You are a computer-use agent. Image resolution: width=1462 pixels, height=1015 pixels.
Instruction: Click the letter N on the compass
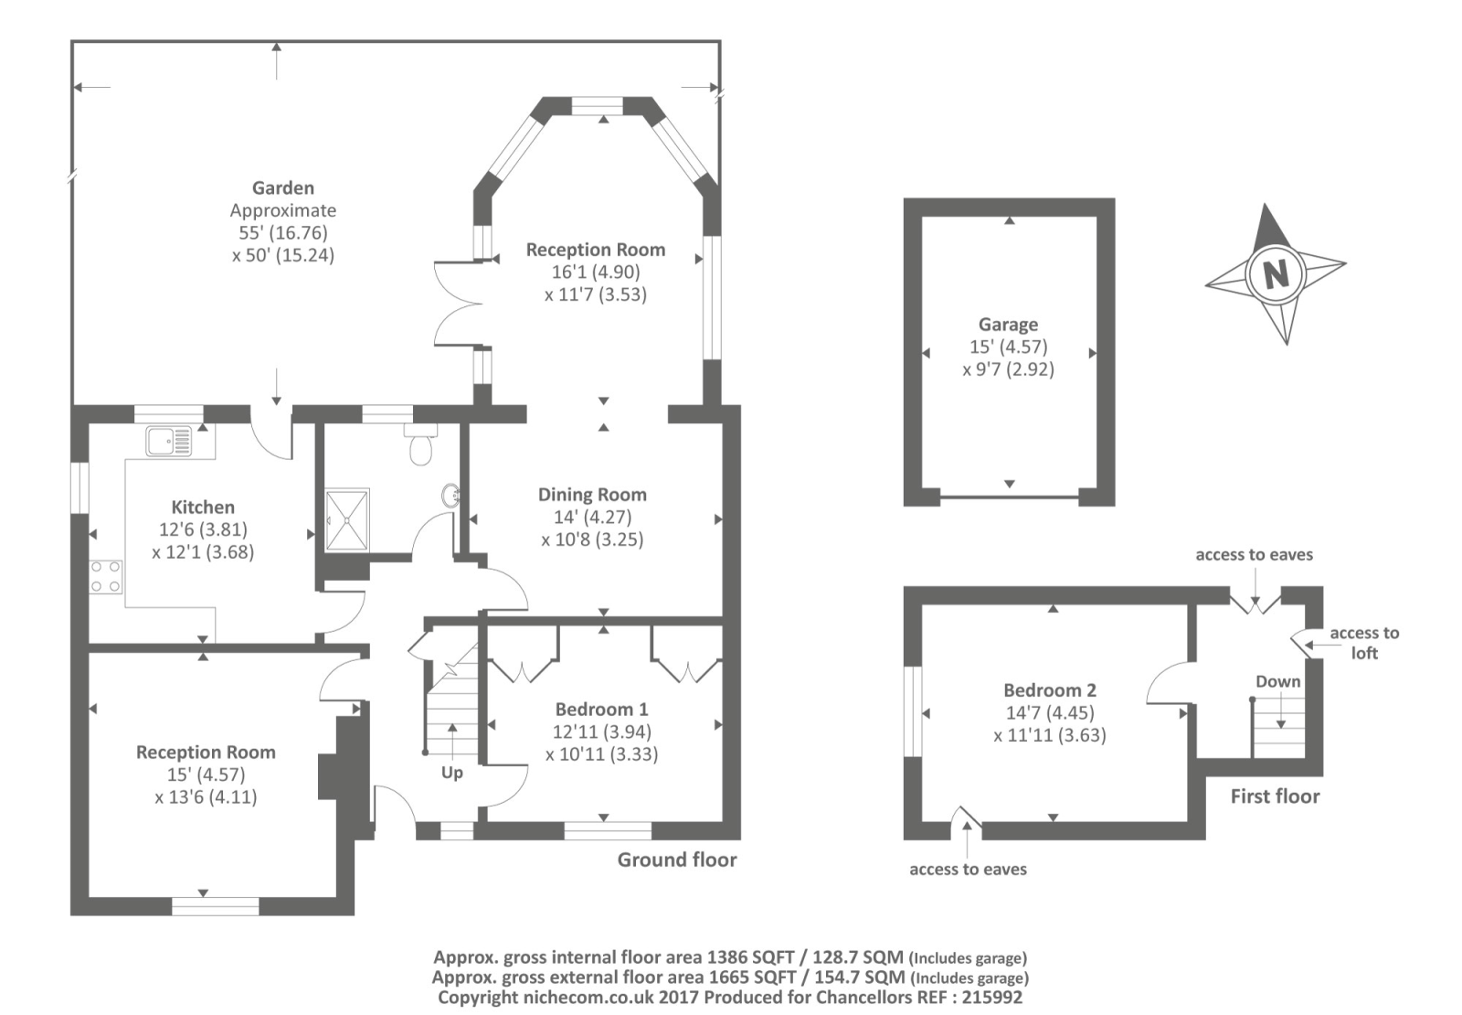coord(1276,273)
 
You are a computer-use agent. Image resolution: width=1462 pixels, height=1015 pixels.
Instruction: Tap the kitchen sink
coord(169,441)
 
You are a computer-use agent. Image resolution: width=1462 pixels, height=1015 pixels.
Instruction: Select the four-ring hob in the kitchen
coord(106,577)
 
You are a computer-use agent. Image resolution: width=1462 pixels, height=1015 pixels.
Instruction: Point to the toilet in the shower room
coord(420,444)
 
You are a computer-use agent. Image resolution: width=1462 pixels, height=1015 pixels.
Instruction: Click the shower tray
coord(346,519)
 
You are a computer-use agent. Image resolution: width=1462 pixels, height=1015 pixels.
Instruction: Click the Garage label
coord(1009,325)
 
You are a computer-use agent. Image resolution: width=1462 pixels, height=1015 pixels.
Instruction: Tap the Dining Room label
coord(592,495)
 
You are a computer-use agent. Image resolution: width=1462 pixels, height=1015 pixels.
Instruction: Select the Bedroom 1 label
coord(601,709)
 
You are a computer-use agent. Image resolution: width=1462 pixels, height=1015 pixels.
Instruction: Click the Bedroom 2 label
coord(1050,689)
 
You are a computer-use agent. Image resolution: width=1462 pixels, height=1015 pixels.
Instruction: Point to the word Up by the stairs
coord(451,773)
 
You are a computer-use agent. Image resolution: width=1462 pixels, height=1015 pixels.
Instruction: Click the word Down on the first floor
coord(1278,681)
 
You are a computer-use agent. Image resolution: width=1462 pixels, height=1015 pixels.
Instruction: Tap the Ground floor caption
coord(677,860)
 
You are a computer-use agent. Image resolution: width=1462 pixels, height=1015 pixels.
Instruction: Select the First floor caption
coord(1275,796)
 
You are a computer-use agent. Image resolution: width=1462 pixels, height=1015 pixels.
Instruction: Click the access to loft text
coord(1364,643)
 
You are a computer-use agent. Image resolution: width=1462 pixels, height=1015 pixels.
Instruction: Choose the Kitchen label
coord(202,507)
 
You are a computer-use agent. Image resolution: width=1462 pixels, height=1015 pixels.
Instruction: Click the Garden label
coord(282,188)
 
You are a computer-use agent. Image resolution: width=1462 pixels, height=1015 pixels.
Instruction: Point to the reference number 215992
coord(992,998)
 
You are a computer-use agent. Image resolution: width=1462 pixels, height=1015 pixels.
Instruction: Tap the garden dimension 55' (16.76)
coord(282,232)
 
